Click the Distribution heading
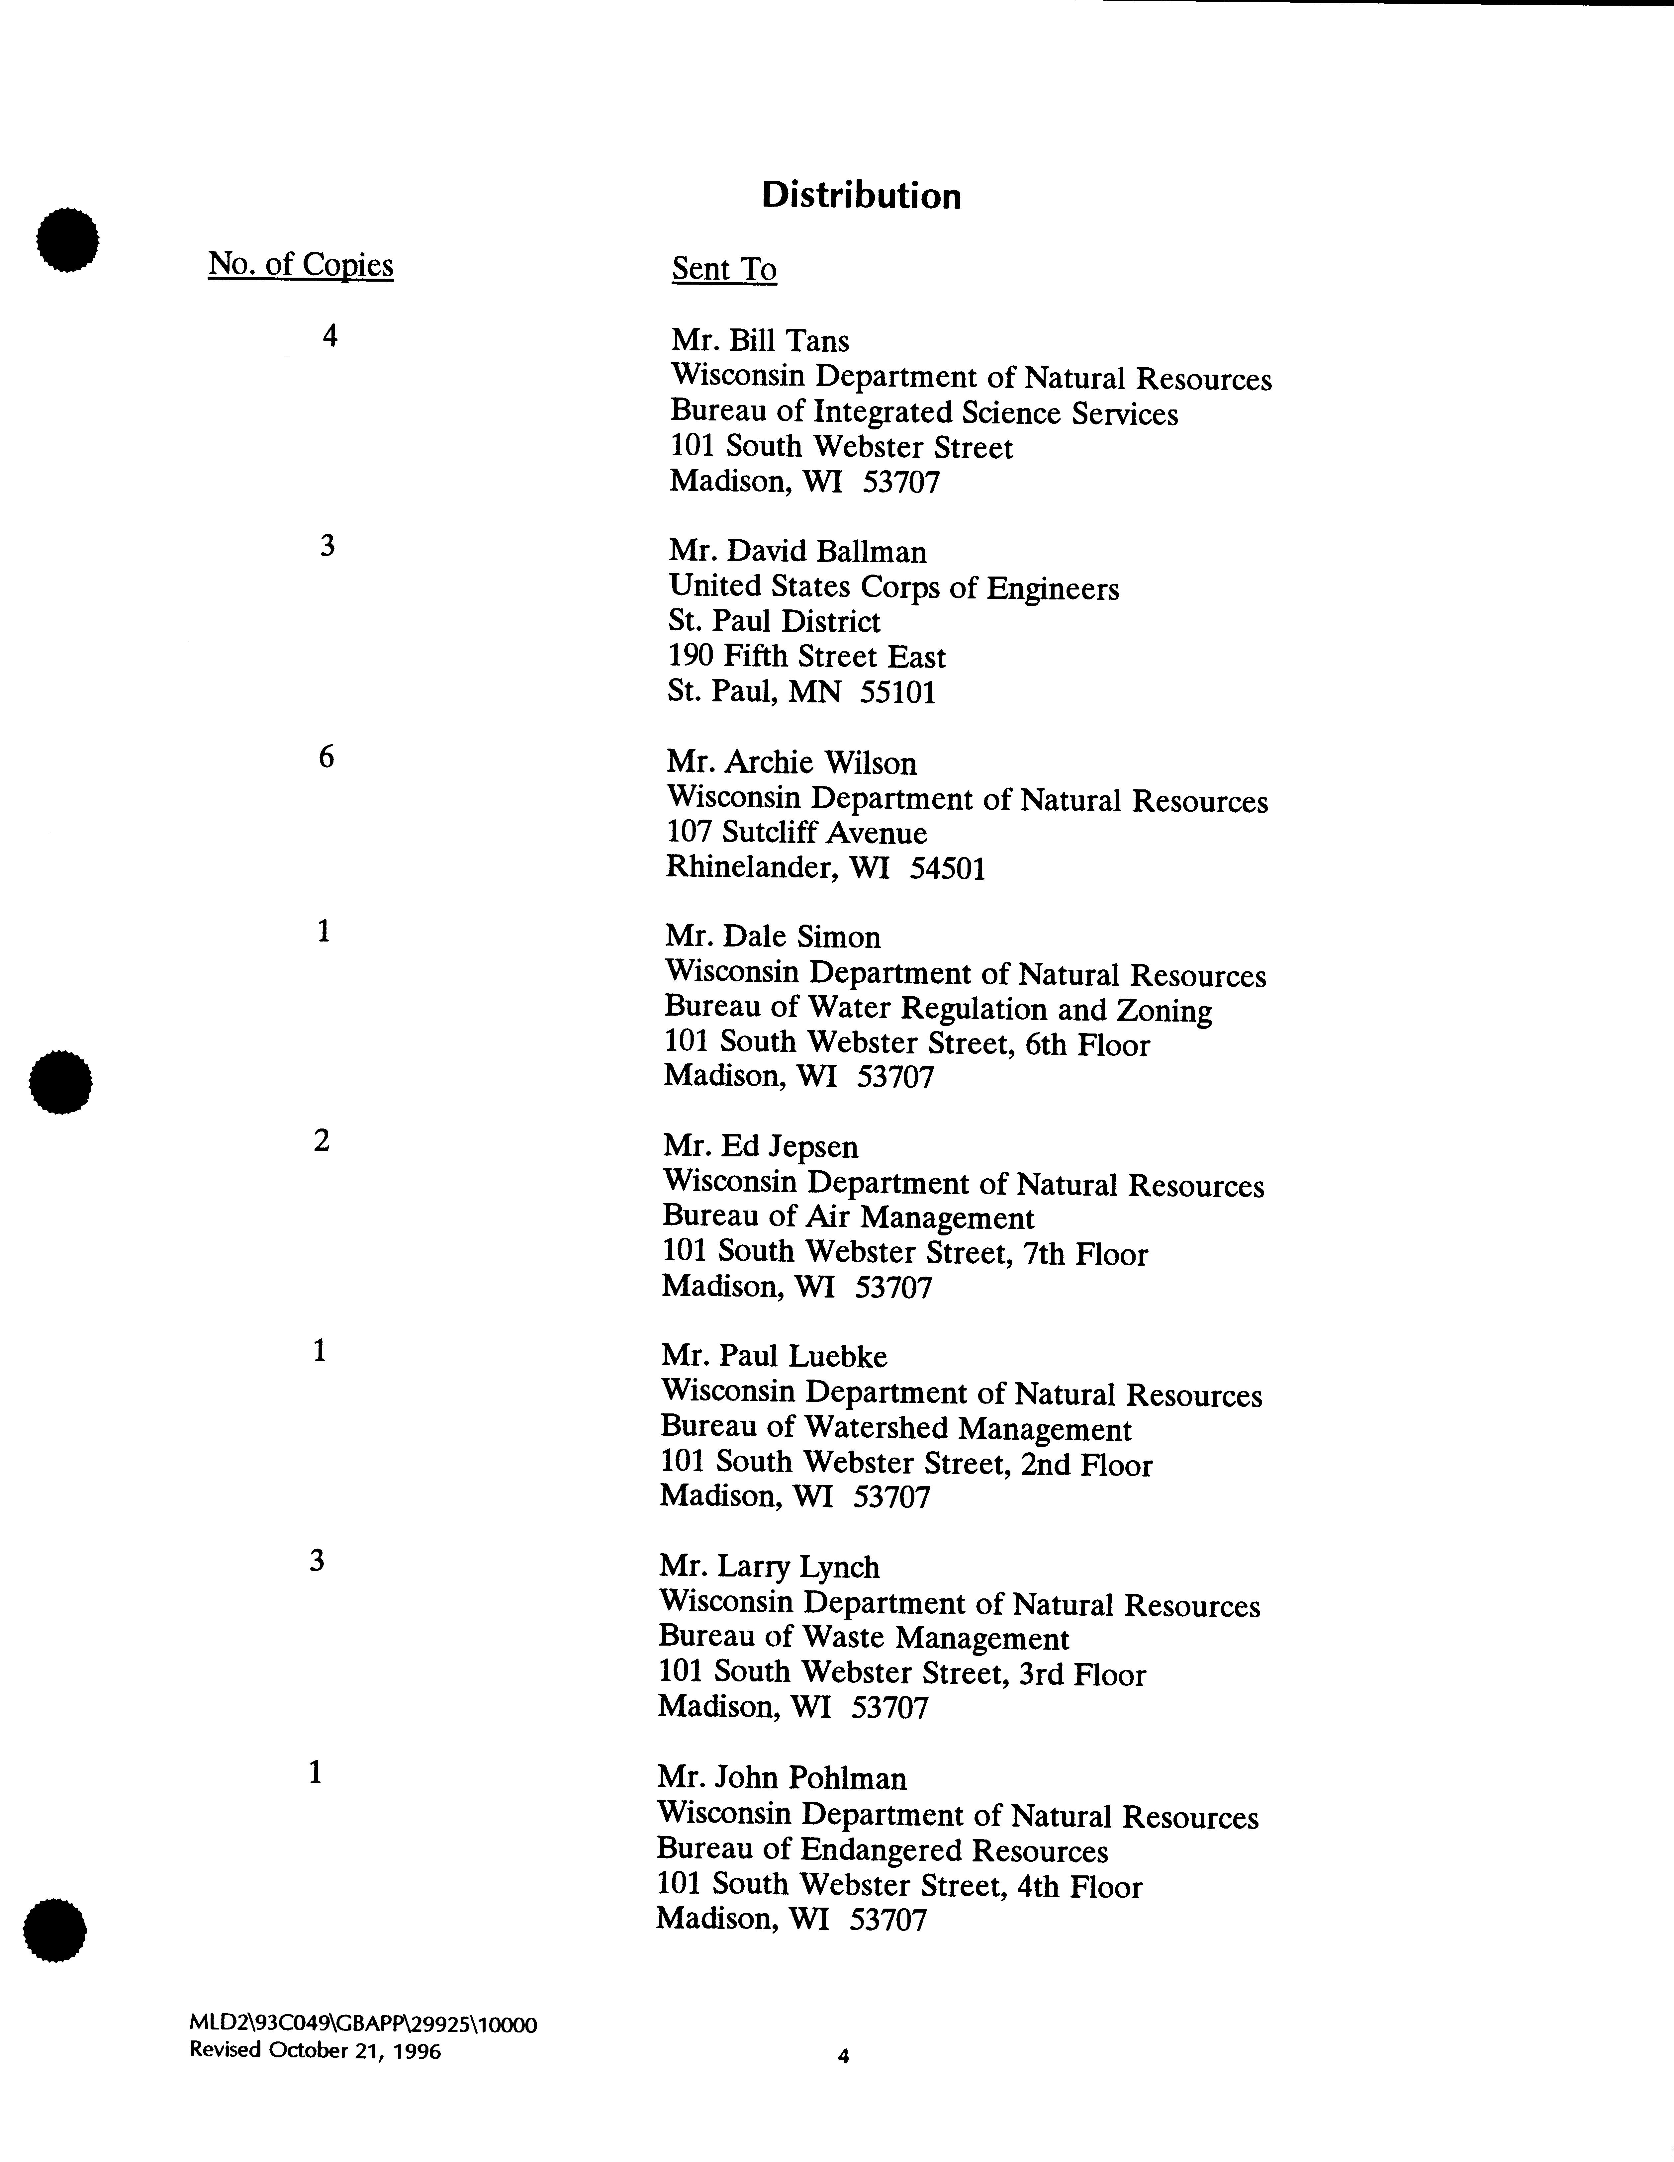coord(860,196)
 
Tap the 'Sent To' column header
coord(724,269)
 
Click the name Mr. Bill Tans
coord(759,341)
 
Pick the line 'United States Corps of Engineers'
coord(893,588)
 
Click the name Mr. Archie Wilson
coord(791,763)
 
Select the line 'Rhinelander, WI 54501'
coord(825,868)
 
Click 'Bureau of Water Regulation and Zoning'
coord(937,1010)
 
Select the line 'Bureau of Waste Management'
coord(863,1639)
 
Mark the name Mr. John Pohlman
coord(781,1779)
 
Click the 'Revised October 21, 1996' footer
coord(315,2050)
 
